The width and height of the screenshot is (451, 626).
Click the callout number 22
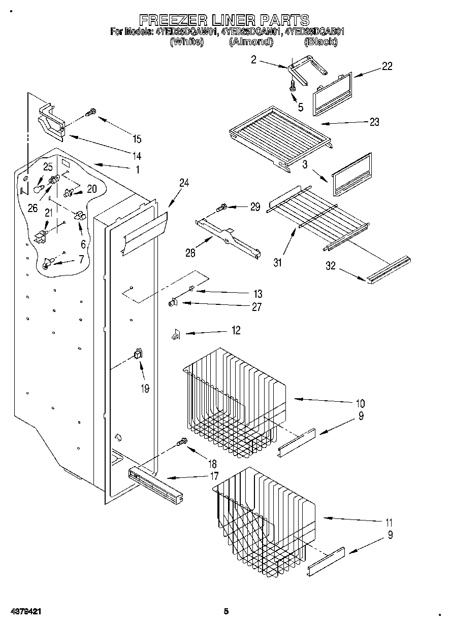coord(386,66)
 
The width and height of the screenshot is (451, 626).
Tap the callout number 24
coord(184,183)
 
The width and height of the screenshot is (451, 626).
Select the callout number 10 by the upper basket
coord(360,404)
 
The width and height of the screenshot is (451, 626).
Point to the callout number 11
coord(389,522)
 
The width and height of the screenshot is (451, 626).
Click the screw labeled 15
coord(91,113)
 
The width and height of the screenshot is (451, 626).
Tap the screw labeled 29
coord(222,207)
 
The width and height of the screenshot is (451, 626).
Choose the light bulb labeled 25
coord(37,189)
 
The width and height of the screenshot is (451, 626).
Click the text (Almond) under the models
coord(250,43)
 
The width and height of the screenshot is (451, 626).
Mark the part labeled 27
coord(173,303)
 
